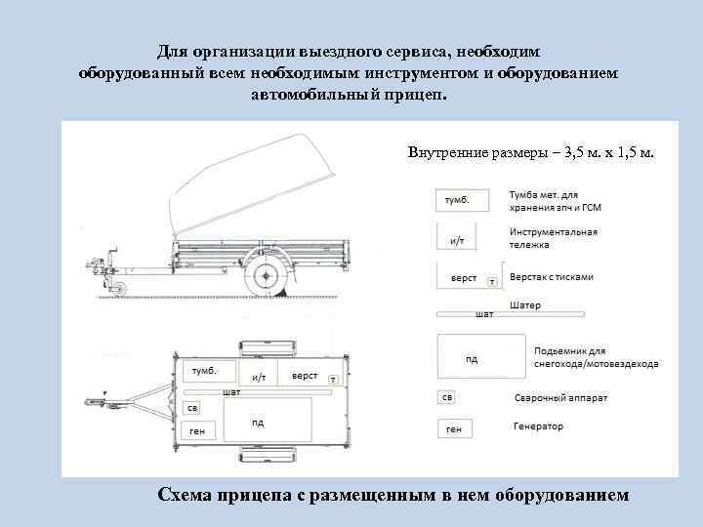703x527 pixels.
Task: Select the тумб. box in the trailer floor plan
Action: pyautogui.click(x=207, y=373)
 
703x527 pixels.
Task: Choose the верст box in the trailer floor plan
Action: pyautogui.click(x=306, y=376)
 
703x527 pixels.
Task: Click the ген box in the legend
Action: pyautogui.click(x=455, y=427)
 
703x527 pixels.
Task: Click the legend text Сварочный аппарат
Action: pyautogui.click(x=560, y=399)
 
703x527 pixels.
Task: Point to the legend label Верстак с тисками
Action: pyautogui.click(x=551, y=277)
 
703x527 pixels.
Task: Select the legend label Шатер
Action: pyautogui.click(x=524, y=305)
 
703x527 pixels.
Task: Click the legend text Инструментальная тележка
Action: pyautogui.click(x=553, y=238)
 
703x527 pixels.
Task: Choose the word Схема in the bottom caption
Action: pyautogui.click(x=192, y=496)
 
